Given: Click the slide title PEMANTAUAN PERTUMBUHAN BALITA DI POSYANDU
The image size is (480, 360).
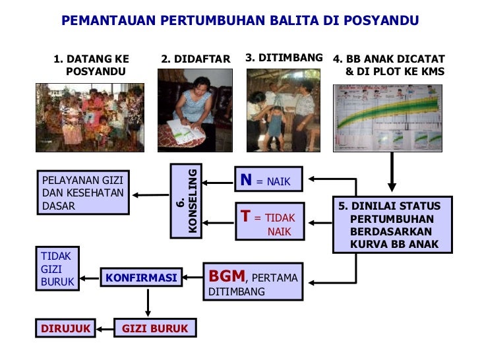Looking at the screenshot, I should tap(240, 20).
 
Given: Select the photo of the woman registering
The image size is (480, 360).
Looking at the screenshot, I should tap(195, 110).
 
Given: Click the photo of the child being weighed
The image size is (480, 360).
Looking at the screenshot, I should tap(283, 110).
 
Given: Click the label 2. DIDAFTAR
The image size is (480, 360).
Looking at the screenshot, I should tap(196, 59).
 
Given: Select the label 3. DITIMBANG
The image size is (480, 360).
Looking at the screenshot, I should tap(284, 58).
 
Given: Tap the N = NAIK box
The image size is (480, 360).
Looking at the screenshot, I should tap(268, 179).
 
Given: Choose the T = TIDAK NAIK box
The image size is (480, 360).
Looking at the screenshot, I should tap(269, 221).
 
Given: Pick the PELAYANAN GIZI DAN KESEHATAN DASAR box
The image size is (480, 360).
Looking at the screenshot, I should tap(83, 193).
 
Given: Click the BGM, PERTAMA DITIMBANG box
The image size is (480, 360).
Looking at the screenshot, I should tap(253, 282).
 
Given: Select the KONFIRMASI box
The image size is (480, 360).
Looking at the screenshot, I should tap(141, 278).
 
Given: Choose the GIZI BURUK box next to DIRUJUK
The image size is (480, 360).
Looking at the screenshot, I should tap(156, 328).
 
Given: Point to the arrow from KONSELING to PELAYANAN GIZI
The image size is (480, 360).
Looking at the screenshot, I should tap(151, 195).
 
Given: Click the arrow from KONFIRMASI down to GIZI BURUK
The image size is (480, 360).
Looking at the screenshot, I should tap(148, 303).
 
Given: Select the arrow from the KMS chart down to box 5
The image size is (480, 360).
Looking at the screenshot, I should tap(392, 173).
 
